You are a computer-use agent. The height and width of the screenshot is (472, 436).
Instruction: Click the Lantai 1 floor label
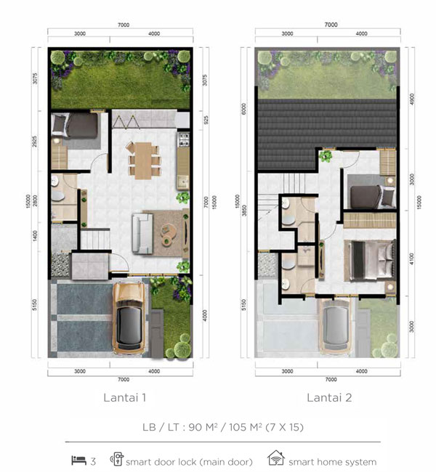point(125,398)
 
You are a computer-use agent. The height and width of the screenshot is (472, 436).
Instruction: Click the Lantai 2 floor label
point(329,398)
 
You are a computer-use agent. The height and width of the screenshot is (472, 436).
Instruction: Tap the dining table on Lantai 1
point(143,160)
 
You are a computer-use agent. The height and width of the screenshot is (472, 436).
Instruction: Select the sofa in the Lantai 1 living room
point(142,233)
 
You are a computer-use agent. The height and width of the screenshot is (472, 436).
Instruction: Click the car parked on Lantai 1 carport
point(129,319)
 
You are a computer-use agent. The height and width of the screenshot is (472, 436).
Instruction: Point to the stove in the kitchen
point(184,139)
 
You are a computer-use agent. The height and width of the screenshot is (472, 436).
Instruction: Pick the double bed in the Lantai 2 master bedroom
point(371,260)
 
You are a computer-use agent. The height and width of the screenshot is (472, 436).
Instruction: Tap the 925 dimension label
point(206,121)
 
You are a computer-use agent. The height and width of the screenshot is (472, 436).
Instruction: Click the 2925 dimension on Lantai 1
point(35,142)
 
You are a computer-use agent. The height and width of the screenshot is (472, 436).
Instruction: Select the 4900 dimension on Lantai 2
point(412,99)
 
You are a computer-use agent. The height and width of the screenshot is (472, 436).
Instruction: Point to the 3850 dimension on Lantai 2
point(244,211)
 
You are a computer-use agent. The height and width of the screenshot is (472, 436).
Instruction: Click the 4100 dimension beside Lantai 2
point(412,259)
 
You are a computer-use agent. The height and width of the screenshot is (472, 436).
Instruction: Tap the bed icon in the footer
point(79,460)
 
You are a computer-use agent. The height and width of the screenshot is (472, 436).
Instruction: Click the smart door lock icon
point(117,459)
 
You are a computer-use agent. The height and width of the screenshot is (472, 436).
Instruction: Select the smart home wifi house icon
point(276,458)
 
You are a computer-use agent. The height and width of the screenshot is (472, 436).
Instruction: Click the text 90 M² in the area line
point(203,427)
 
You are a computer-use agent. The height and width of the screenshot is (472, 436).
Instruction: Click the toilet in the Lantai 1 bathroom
point(58,197)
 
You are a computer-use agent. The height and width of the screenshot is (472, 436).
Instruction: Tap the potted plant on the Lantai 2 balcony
point(326,156)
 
